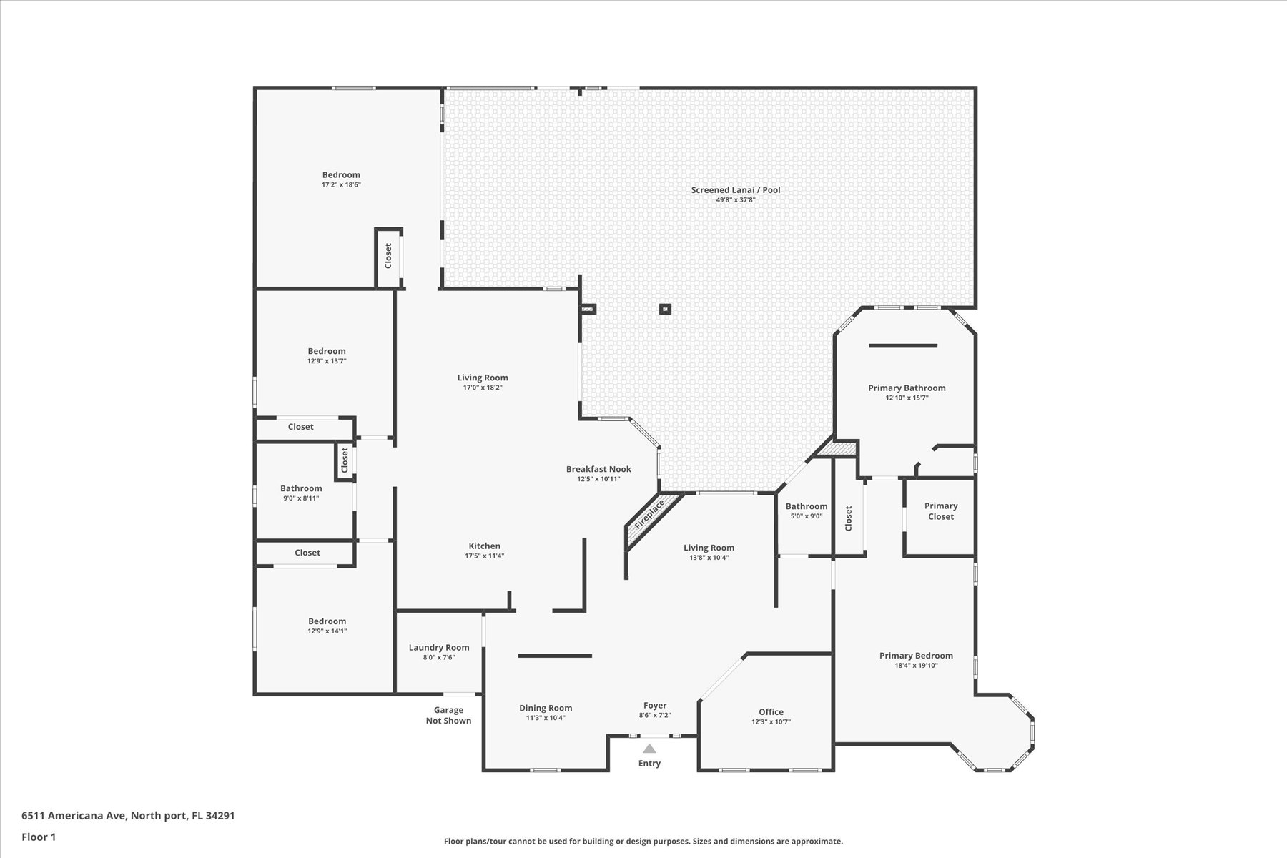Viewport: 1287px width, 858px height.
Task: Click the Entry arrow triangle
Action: [649, 749]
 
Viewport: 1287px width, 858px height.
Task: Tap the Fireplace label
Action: [650, 513]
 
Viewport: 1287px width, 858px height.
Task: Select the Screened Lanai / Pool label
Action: [736, 189]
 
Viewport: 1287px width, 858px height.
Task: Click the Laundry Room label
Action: [439, 648]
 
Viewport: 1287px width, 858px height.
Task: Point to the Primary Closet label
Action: [941, 511]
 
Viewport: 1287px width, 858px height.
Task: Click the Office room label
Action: [771, 712]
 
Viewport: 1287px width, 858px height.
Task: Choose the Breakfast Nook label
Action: [598, 469]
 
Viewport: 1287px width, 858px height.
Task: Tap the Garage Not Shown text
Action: [449, 715]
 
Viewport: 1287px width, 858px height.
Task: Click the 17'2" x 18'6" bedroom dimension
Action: [341, 184]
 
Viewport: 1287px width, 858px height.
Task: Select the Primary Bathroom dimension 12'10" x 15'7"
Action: [907, 398]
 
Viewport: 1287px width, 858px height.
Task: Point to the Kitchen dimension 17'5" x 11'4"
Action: [485, 556]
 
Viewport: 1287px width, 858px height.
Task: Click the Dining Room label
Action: [546, 708]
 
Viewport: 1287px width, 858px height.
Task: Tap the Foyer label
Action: [655, 705]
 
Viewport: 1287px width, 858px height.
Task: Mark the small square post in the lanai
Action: [666, 310]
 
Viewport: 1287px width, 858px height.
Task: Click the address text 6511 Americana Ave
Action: [74, 815]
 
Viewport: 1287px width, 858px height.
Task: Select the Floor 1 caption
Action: [39, 837]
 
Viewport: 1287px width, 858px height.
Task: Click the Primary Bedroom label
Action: [916, 656]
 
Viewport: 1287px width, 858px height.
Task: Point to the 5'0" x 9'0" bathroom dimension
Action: [807, 516]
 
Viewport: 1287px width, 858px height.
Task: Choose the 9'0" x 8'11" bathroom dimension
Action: [301, 498]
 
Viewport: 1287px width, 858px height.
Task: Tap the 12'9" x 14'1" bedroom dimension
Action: [327, 631]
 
